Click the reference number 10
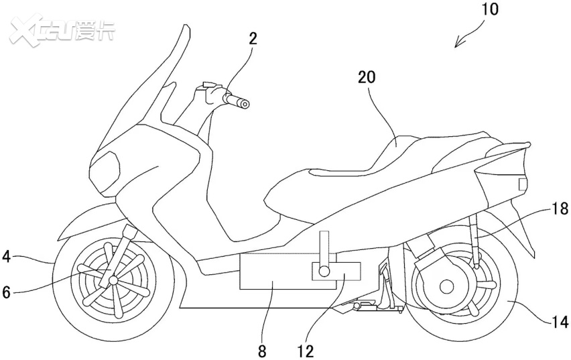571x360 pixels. [491, 9]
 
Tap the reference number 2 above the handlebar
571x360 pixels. [253, 39]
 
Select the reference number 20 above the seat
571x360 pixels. [367, 77]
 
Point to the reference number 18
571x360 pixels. [560, 208]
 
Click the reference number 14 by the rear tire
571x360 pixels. [560, 322]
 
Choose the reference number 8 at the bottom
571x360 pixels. [262, 351]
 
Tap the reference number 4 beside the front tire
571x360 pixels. [6, 257]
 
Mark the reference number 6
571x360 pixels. [6, 292]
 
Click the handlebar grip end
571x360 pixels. [245, 105]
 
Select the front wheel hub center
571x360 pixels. [113, 280]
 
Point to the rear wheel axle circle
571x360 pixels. [446, 287]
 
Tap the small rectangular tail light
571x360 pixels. [523, 184]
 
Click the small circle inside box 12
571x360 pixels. [324, 271]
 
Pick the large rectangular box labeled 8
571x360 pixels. [288, 272]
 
